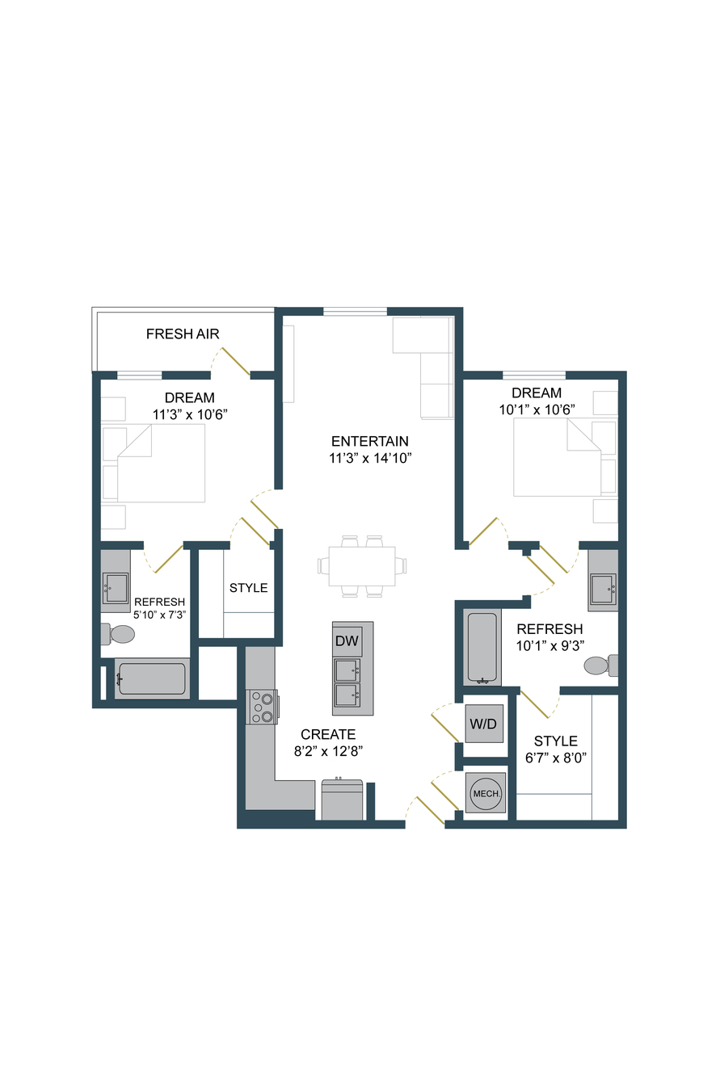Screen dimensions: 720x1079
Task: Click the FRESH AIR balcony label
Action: [x=182, y=334]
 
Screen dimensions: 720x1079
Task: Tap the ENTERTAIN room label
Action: [x=369, y=441]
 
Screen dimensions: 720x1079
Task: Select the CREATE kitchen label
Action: [x=328, y=734]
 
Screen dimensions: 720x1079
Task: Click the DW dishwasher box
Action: [x=347, y=640]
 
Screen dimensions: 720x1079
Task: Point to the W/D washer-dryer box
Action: [x=483, y=723]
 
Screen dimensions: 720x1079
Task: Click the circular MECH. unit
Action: [x=486, y=793]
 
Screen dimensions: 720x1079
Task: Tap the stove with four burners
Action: [x=262, y=707]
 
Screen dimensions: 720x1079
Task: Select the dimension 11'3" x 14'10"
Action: [x=370, y=458]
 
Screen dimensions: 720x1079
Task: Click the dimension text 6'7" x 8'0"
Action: [x=556, y=758]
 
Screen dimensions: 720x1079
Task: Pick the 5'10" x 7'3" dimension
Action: [x=159, y=615]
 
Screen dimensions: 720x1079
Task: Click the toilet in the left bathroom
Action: [x=118, y=634]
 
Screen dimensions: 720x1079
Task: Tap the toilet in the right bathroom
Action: [x=600, y=665]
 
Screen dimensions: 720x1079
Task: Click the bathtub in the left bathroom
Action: [x=152, y=679]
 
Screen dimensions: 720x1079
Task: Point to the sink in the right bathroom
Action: [x=603, y=588]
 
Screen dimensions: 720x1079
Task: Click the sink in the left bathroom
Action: [x=116, y=588]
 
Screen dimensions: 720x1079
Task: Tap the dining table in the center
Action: [x=362, y=565]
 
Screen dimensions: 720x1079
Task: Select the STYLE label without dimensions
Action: [x=248, y=588]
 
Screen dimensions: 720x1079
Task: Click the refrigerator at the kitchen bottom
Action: [x=342, y=799]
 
